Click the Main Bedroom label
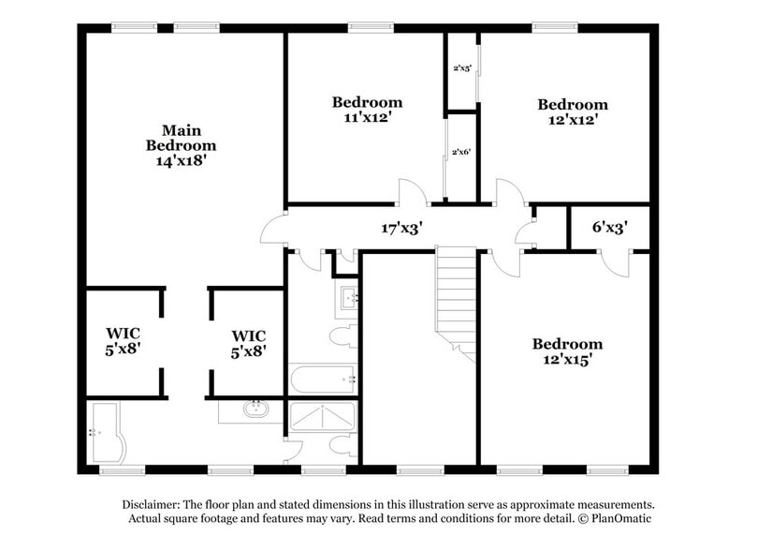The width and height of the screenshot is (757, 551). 182,138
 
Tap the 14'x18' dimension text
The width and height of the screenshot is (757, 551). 182,160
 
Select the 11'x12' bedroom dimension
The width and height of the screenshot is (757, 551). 368,117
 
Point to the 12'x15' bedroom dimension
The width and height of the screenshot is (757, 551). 568,359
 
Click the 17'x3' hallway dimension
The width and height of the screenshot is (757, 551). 401,227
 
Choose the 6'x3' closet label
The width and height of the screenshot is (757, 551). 609,226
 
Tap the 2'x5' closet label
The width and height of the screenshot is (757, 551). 460,68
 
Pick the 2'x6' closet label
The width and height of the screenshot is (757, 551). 460,152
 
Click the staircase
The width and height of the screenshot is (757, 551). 457,300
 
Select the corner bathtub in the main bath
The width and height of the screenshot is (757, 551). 107,432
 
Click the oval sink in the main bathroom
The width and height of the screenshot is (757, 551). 255,410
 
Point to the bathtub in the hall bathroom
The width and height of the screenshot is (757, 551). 321,380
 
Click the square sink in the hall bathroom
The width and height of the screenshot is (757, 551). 348,299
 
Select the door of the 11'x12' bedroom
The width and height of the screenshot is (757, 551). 413,191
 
